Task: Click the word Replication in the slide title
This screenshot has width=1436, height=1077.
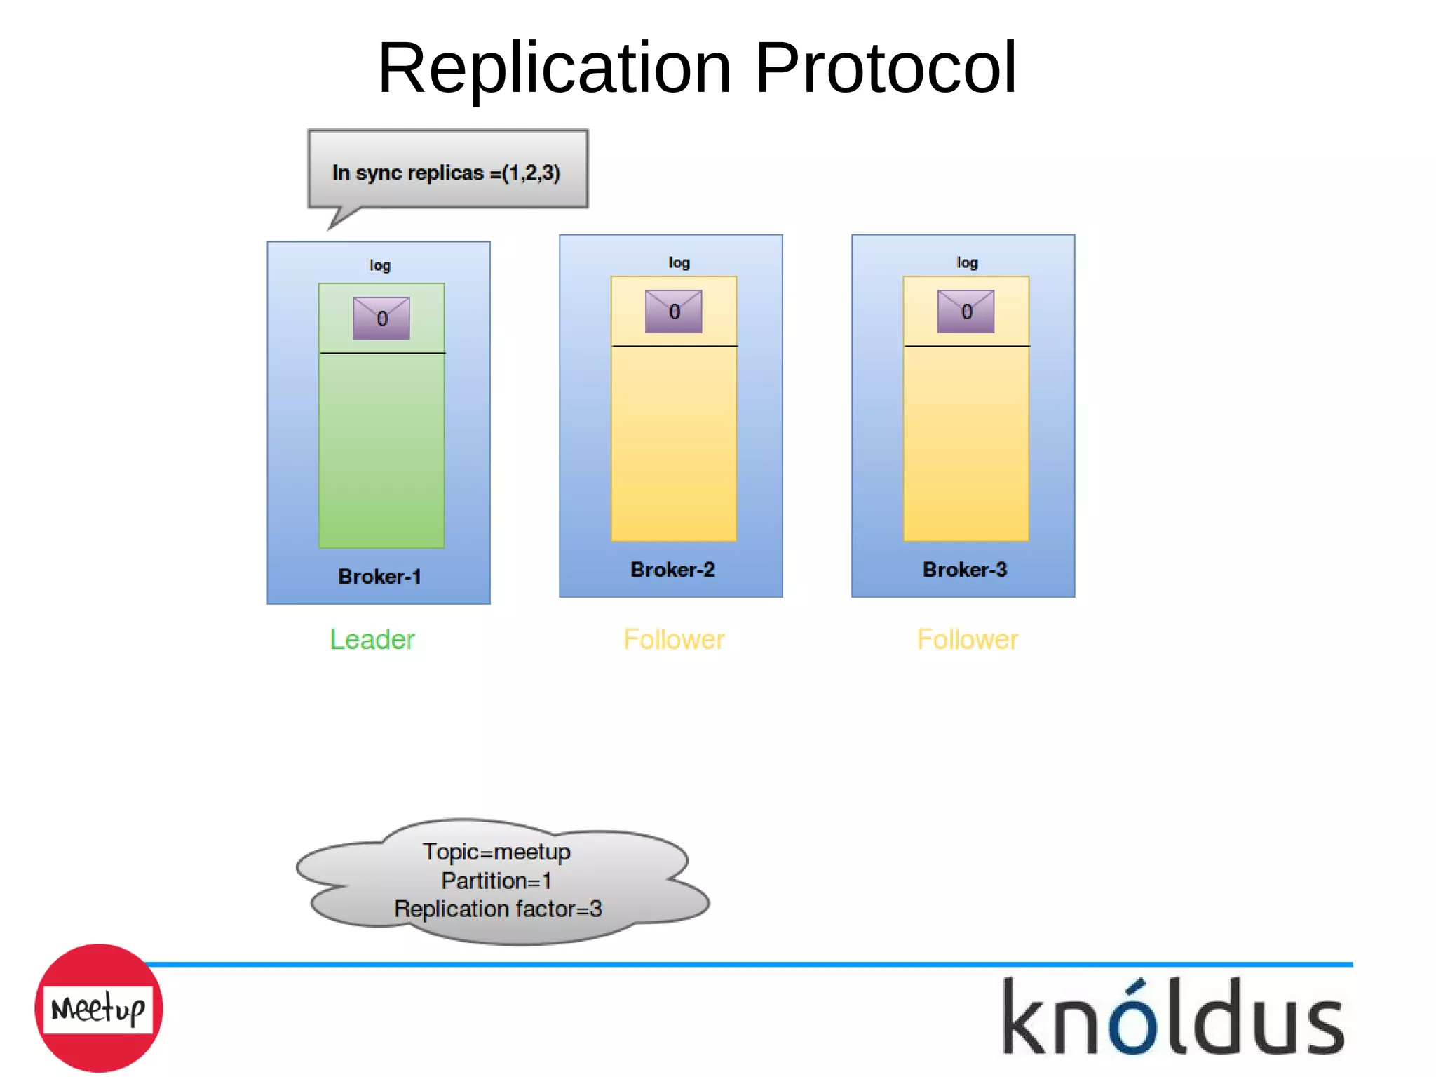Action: (554, 68)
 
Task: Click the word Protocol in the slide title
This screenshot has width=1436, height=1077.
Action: (885, 68)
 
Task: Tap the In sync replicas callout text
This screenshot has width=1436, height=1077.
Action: (446, 173)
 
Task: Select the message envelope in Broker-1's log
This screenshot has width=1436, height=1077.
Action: (381, 318)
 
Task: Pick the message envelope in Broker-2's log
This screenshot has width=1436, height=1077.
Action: (673, 311)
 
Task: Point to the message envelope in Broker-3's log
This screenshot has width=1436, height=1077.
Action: (966, 311)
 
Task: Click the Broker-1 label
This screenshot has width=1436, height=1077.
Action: (379, 577)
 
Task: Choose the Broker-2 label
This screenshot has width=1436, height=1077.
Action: (672, 570)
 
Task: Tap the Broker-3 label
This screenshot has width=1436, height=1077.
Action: (965, 570)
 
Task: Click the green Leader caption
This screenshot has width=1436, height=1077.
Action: (372, 640)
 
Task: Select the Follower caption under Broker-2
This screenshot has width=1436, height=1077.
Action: (674, 640)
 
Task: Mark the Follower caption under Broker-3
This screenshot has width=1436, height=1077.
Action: (967, 640)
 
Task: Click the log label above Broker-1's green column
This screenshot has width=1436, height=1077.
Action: (380, 265)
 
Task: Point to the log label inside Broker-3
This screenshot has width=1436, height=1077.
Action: (967, 262)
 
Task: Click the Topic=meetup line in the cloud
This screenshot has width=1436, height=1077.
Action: (496, 852)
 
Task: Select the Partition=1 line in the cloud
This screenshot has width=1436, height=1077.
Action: (496, 881)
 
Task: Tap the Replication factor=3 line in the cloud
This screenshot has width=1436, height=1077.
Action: (498, 909)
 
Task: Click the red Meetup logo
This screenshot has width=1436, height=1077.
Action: (99, 1008)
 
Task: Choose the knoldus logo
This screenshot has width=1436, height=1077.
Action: (1173, 1017)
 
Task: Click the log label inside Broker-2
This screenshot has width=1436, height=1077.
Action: (679, 262)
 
